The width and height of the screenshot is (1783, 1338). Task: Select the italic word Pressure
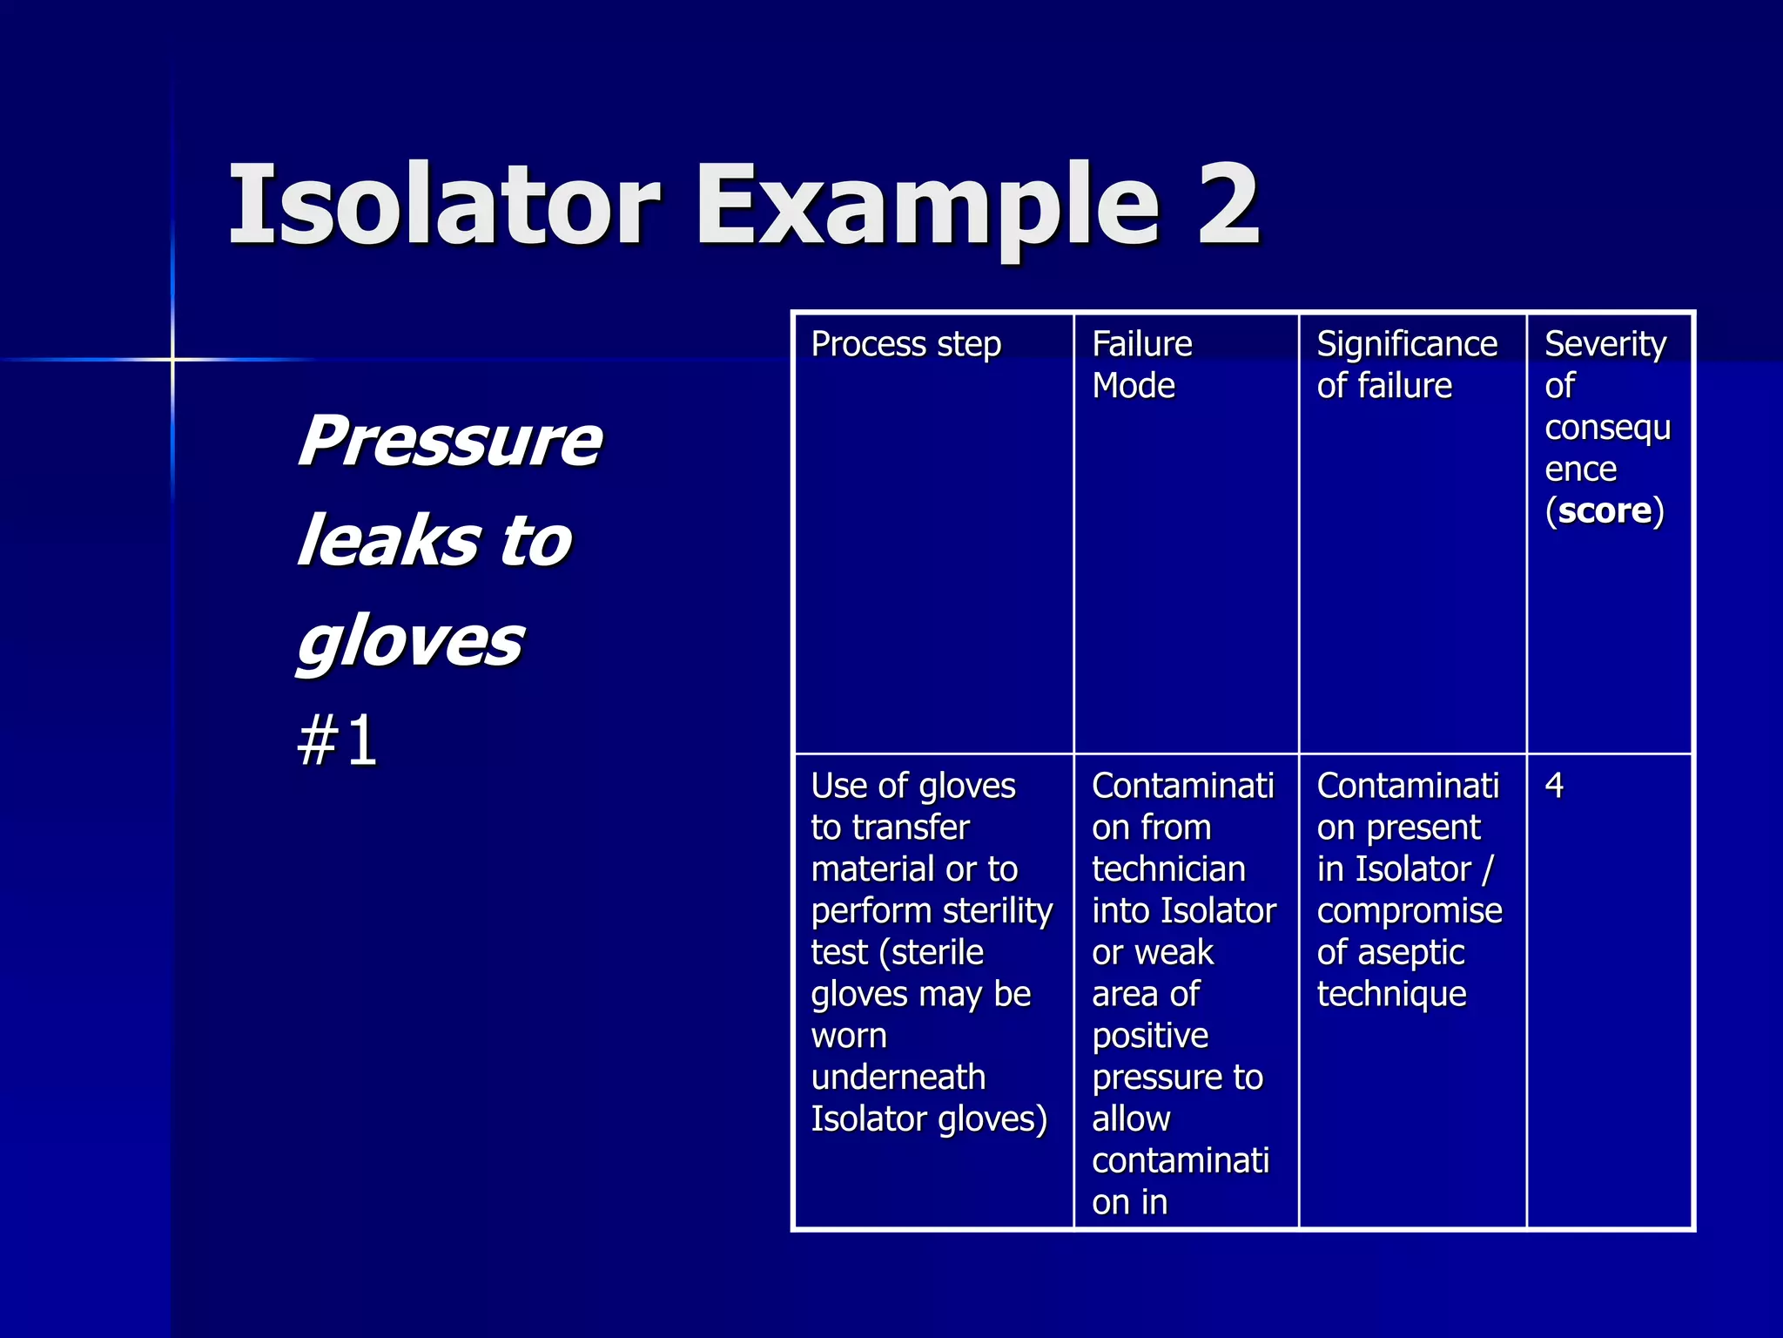pyautogui.click(x=449, y=441)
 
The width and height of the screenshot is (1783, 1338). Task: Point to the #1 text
pyautogui.click(x=338, y=740)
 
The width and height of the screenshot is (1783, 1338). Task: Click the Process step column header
pyautogui.click(x=905, y=344)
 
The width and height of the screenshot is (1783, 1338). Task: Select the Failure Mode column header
pyautogui.click(x=1141, y=364)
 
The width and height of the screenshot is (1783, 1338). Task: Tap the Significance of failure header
pyautogui.click(x=1405, y=364)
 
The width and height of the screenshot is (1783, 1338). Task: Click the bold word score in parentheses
pyautogui.click(x=1604, y=510)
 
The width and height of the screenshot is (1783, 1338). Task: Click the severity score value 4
pyautogui.click(x=1554, y=786)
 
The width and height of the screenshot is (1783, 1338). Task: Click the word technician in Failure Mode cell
pyautogui.click(x=1168, y=869)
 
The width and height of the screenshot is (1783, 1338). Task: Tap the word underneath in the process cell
pyautogui.click(x=898, y=1078)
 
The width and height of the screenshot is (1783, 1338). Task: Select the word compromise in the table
pyautogui.click(x=1409, y=911)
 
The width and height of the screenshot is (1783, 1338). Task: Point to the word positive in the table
pyautogui.click(x=1150, y=1037)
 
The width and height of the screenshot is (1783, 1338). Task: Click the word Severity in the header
pyautogui.click(x=1605, y=344)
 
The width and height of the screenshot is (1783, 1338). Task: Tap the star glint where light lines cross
pyautogui.click(x=172, y=359)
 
